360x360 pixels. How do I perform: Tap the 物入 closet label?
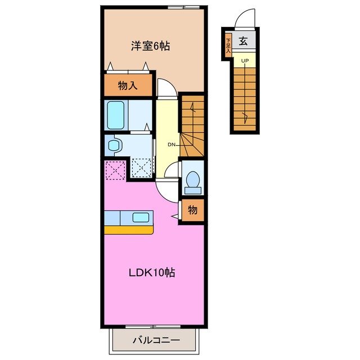coord(128,85)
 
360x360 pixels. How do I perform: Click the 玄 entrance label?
coord(244,40)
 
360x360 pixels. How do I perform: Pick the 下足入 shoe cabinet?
coord(228,44)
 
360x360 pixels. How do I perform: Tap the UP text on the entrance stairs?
coord(245,60)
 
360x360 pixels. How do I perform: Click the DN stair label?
coord(171,145)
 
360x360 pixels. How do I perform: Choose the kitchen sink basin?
coord(140,217)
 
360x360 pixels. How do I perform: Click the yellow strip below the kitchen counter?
coord(129,229)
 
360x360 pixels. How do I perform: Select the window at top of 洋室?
coord(183,7)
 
